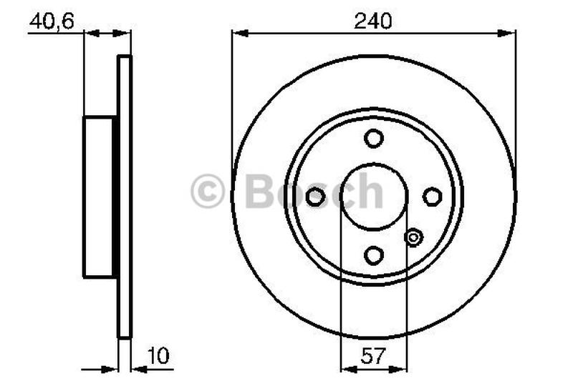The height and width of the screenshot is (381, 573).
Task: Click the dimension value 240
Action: pyautogui.click(x=374, y=21)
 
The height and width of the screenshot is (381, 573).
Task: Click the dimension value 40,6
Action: pyautogui.click(x=51, y=22)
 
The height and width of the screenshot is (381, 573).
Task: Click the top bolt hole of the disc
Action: pyautogui.click(x=374, y=138)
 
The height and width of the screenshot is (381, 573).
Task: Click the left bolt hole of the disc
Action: pyautogui.click(x=315, y=197)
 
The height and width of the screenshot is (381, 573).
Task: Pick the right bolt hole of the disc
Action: pyautogui.click(x=432, y=197)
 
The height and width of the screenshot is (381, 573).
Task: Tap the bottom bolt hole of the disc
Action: pyautogui.click(x=374, y=254)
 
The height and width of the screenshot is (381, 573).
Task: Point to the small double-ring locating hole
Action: pyautogui.click(x=414, y=237)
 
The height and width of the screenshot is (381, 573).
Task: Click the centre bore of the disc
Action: pyautogui.click(x=374, y=197)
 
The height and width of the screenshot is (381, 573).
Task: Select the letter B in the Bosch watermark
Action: pyautogui.click(x=259, y=192)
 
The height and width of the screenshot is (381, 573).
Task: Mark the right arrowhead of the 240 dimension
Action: pyautogui.click(x=510, y=32)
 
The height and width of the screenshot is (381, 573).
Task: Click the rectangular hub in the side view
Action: pyautogui.click(x=99, y=197)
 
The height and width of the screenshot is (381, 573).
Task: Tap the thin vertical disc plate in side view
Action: pyautogui.click(x=125, y=197)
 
